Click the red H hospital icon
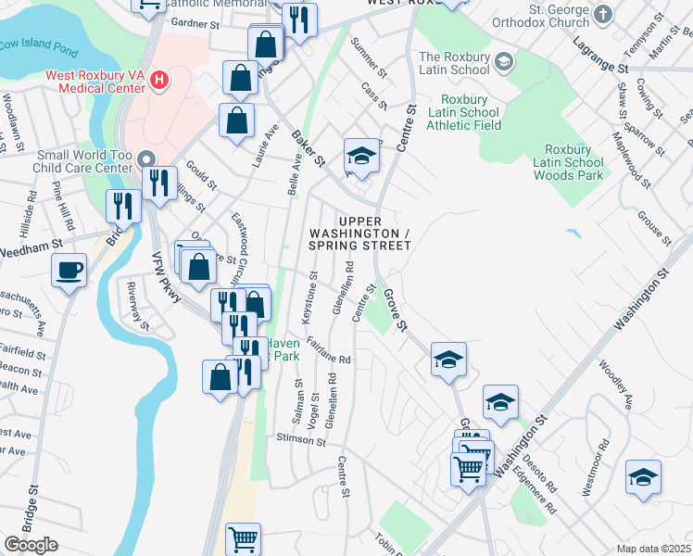point(160,81)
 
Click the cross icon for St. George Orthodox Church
point(604,14)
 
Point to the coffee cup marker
point(69,271)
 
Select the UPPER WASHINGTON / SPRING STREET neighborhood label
point(360,233)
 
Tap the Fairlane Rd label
point(330,350)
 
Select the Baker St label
point(309,147)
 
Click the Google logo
point(31,544)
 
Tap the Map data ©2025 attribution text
point(653,549)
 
